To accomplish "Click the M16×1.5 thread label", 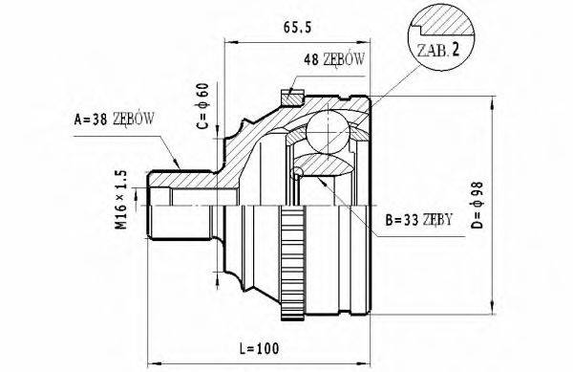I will pos(120,201).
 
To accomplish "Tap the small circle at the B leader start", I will pos(299,172).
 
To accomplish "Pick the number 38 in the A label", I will pos(99,120).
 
